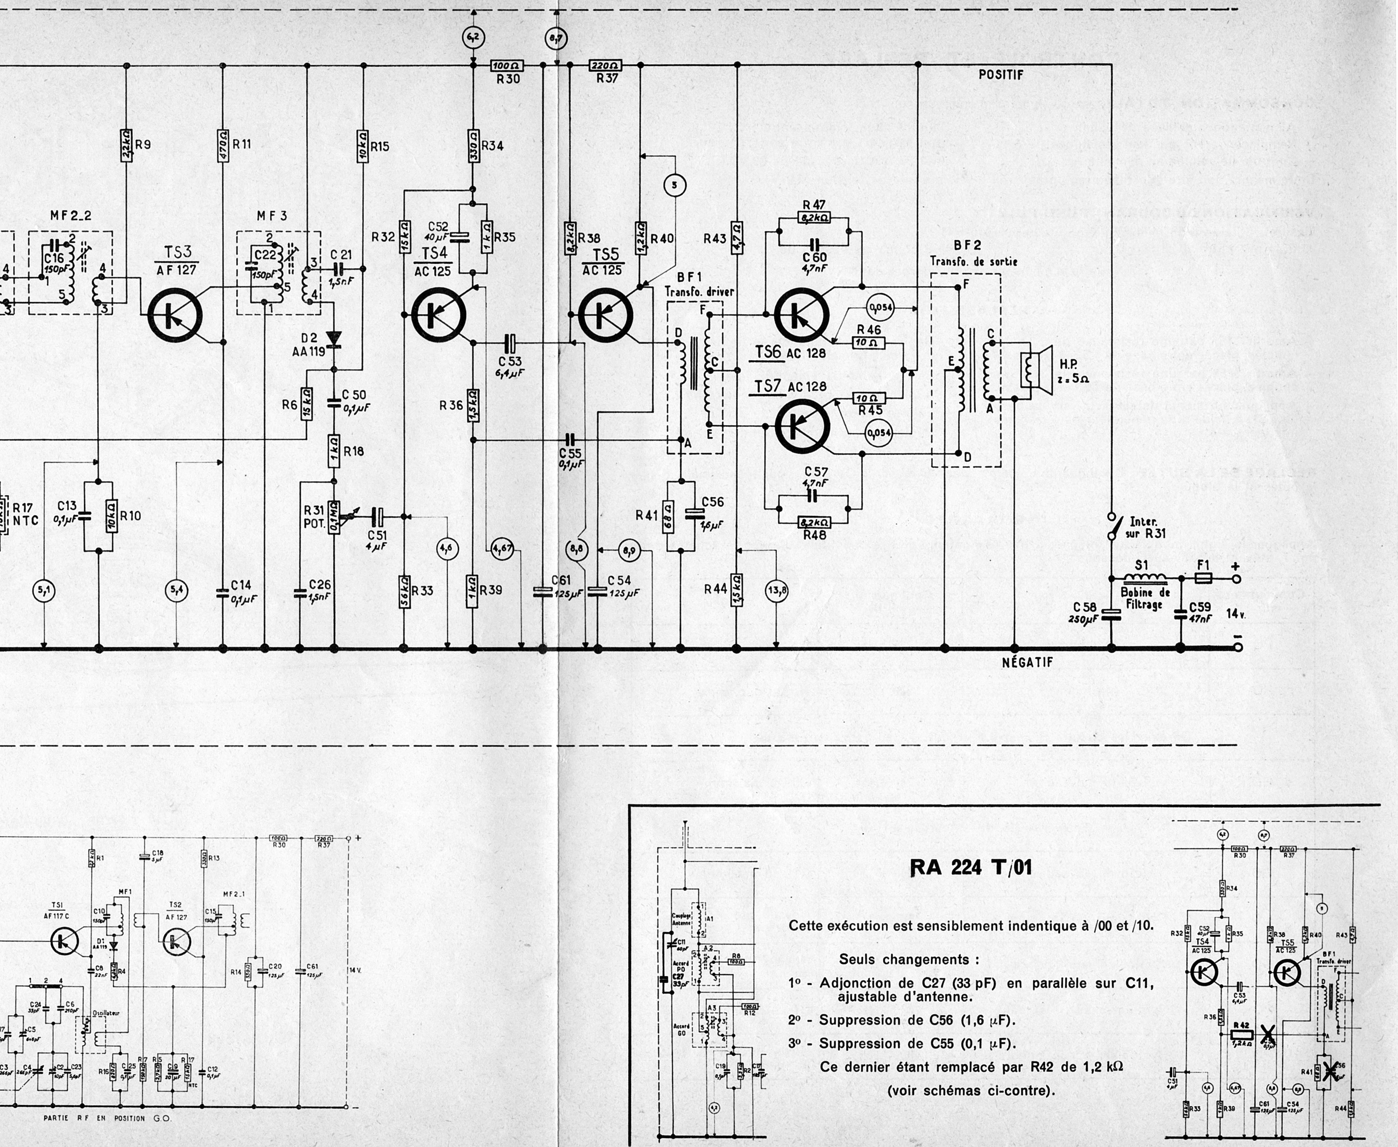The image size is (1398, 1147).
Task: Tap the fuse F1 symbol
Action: (1203, 578)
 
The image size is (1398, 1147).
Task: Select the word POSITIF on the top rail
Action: (1001, 75)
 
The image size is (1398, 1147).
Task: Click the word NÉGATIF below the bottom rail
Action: (1027, 662)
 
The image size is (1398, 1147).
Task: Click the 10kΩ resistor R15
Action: (363, 147)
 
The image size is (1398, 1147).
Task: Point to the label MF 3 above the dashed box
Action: (272, 216)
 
